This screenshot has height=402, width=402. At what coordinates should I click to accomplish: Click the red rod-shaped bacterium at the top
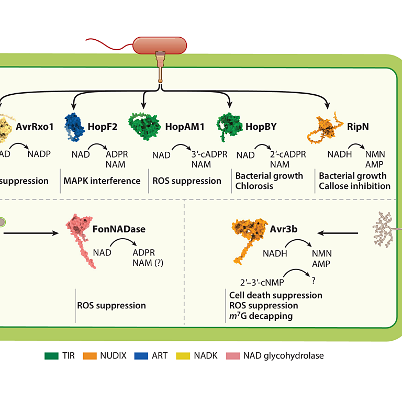(x=160, y=46)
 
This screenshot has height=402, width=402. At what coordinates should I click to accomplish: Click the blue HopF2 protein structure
(x=74, y=127)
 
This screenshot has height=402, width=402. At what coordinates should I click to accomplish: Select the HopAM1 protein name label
(x=185, y=126)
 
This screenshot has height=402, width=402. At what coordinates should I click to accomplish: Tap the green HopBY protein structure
(x=229, y=126)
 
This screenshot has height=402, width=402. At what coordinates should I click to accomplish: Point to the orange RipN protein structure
(x=325, y=127)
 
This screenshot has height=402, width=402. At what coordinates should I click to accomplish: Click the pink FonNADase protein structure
(x=80, y=240)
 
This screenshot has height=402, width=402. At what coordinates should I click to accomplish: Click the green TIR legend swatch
(x=51, y=356)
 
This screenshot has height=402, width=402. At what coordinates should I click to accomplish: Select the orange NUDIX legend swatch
(x=90, y=356)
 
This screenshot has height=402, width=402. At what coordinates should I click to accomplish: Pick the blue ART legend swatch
(x=141, y=356)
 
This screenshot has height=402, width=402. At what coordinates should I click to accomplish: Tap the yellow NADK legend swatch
(x=183, y=356)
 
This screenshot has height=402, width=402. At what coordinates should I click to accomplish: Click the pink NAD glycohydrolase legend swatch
(x=233, y=356)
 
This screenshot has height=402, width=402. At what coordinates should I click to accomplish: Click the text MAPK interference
(x=102, y=181)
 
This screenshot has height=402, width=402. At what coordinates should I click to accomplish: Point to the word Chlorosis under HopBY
(x=254, y=186)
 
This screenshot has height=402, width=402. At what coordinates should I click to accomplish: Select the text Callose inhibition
(x=354, y=186)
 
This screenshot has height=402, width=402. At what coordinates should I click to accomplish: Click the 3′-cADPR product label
(x=209, y=154)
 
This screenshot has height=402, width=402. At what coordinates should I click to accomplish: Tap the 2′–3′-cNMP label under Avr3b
(x=262, y=283)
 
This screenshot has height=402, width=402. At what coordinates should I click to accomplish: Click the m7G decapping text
(x=261, y=316)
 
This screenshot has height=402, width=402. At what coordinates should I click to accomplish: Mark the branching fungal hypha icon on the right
(x=384, y=229)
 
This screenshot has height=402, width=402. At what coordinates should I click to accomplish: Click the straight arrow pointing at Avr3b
(x=338, y=233)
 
